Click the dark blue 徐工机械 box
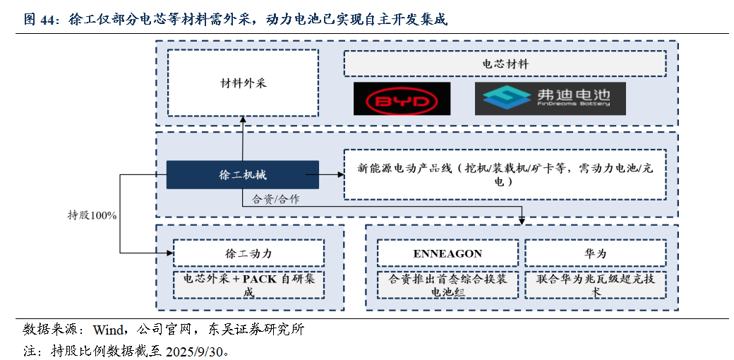[x=243, y=174]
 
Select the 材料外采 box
[x=243, y=83]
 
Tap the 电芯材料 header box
[x=505, y=64]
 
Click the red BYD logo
[x=402, y=99]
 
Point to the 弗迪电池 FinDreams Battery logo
[x=550, y=99]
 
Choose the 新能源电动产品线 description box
[x=505, y=174]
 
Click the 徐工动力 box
[x=248, y=253]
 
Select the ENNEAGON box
[x=447, y=253]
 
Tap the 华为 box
[x=596, y=253]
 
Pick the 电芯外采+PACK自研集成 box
[x=248, y=284]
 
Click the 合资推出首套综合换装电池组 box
[x=447, y=284]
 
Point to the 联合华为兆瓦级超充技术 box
[x=596, y=284]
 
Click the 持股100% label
[x=92, y=216]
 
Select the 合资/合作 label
[x=276, y=199]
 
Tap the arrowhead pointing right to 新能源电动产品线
[x=340, y=174]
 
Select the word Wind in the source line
[x=108, y=330]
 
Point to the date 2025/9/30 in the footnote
[x=198, y=351]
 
